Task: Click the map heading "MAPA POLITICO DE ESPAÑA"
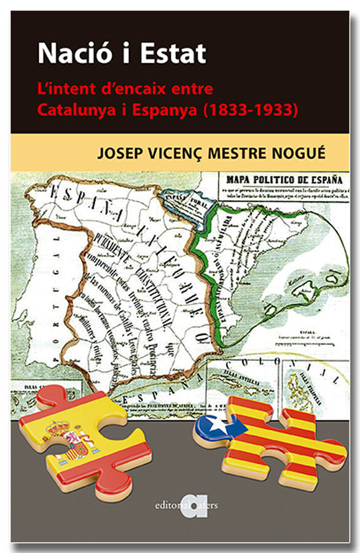(x=284, y=179)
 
